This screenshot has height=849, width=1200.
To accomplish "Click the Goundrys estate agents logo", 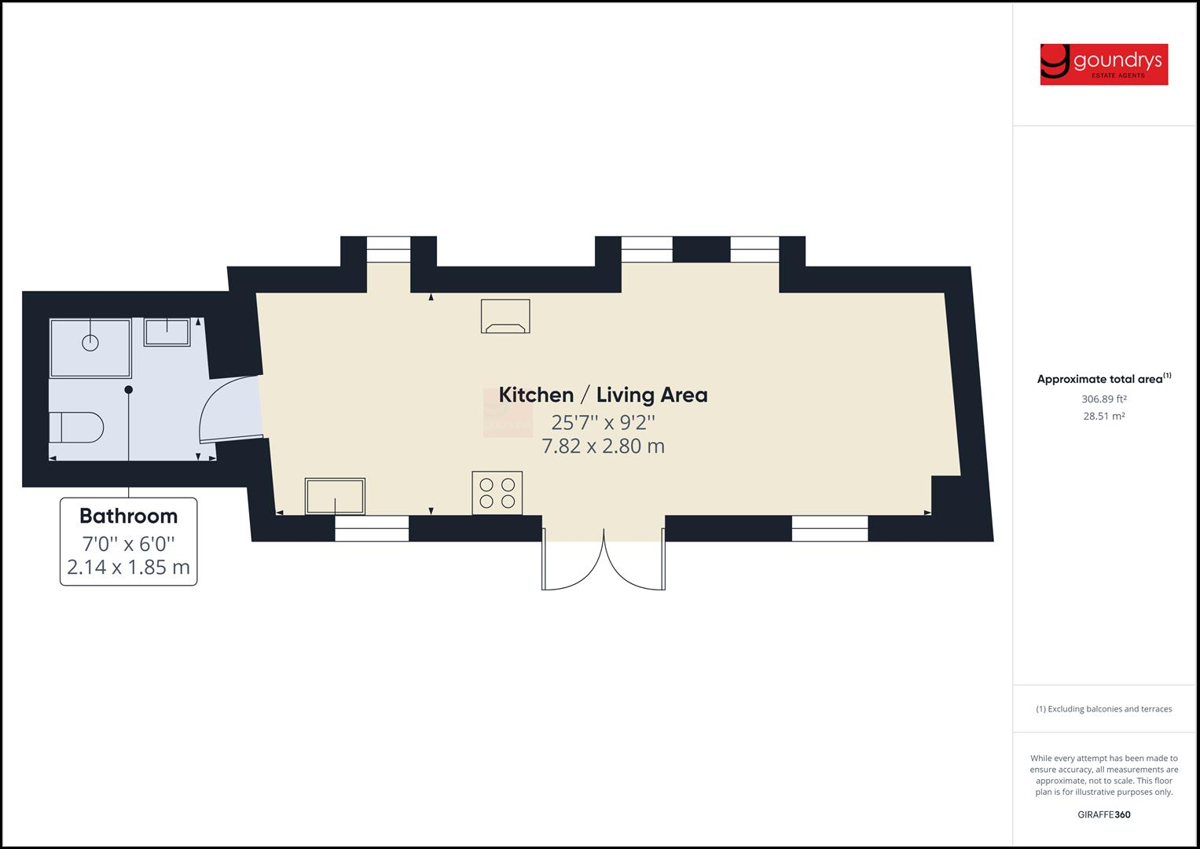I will tap(1103, 64).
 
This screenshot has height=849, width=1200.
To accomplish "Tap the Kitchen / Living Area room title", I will tap(603, 395).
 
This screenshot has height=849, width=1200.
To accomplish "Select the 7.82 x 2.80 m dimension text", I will tap(603, 447).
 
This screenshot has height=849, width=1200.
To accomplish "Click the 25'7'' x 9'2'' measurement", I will tap(603, 422).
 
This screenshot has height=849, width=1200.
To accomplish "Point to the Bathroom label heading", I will tap(128, 516).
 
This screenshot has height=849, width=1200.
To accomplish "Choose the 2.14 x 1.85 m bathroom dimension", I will tap(128, 567).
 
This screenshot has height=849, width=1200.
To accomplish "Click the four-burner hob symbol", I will tap(497, 493).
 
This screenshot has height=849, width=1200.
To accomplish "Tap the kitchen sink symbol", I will tap(335, 495).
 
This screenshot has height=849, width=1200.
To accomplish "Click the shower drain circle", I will tap(90, 342).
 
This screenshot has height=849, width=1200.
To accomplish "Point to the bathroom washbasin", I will tap(167, 332).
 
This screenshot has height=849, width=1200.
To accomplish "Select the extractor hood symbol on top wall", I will tap(505, 316).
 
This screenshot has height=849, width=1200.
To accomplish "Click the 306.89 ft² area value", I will tap(1103, 399).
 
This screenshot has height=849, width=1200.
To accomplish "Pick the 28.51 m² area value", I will tap(1103, 417).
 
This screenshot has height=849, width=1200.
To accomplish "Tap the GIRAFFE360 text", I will tap(1103, 814).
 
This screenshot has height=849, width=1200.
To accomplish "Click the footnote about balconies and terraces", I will tap(1103, 709).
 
